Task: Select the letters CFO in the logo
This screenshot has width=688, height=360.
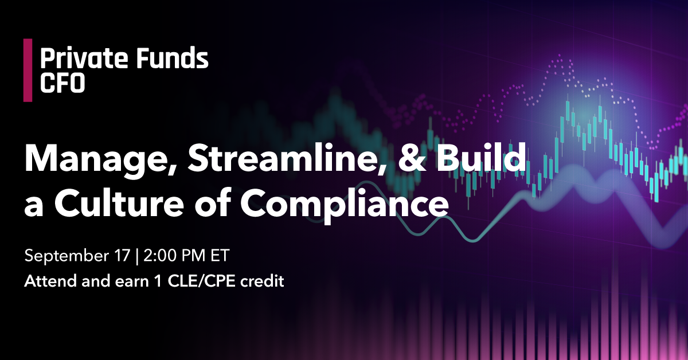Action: [62, 83]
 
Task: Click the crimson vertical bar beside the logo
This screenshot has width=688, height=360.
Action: [28, 70]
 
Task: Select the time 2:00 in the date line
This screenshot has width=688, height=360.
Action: [161, 256]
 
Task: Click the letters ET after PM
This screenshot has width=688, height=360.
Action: [220, 256]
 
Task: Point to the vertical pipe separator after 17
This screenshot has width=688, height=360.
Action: [136, 256]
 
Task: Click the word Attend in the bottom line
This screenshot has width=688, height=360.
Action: [50, 281]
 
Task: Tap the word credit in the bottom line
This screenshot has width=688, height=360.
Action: [263, 281]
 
